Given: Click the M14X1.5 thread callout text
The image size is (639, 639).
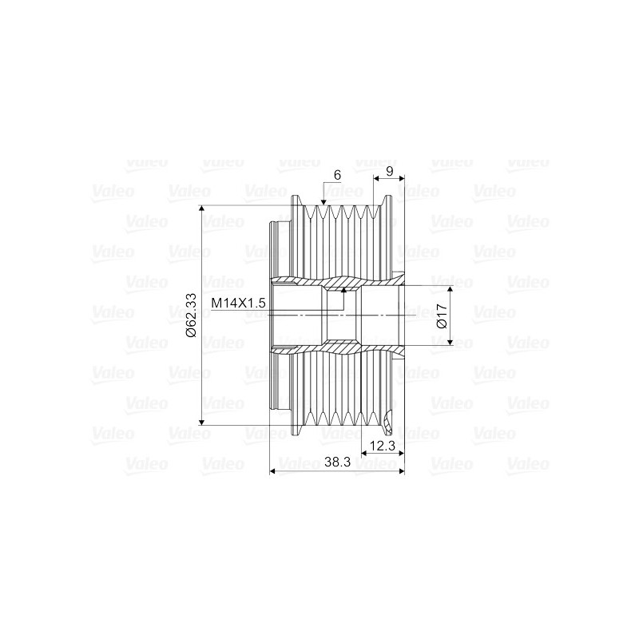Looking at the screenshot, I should point(238,304).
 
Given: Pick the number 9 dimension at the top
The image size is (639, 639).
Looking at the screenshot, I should point(389,171).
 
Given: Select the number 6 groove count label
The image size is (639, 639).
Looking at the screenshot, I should point(337,175).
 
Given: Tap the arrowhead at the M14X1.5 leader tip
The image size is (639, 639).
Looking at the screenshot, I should point(343,293).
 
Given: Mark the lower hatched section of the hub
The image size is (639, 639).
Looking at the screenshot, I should point(335,349).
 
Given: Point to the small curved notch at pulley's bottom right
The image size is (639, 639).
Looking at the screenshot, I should point(389,415).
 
